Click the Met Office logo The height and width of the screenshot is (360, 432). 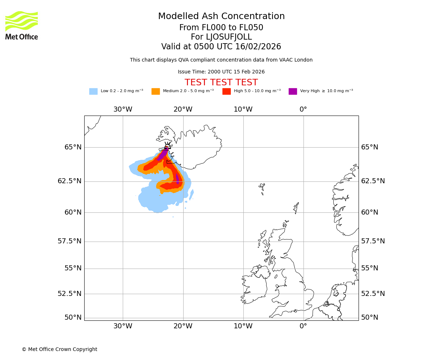pyautogui.click(x=22, y=25)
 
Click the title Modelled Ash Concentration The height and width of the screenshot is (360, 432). pyautogui.click(x=221, y=17)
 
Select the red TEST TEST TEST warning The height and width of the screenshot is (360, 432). pyautogui.click(x=221, y=82)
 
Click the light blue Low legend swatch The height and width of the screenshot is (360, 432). pyautogui.click(x=93, y=91)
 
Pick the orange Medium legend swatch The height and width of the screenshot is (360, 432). pyautogui.click(x=156, y=91)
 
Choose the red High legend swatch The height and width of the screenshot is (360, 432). pyautogui.click(x=226, y=91)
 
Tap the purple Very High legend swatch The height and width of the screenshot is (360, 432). pyautogui.click(x=293, y=91)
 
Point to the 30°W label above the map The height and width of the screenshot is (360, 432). pyautogui.click(x=123, y=109)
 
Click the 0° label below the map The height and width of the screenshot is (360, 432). pyautogui.click(x=303, y=326)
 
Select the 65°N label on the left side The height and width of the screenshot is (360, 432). pyautogui.click(x=73, y=147)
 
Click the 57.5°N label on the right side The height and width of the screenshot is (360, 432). pyautogui.click(x=373, y=241)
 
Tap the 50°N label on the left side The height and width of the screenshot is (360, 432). pyautogui.click(x=73, y=318)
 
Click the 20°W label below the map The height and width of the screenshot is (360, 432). pyautogui.click(x=183, y=326)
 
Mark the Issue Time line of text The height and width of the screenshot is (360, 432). pyautogui.click(x=221, y=72)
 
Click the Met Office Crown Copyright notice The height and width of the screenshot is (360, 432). pyautogui.click(x=59, y=350)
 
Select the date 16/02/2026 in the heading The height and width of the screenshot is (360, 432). pyautogui.click(x=258, y=47)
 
